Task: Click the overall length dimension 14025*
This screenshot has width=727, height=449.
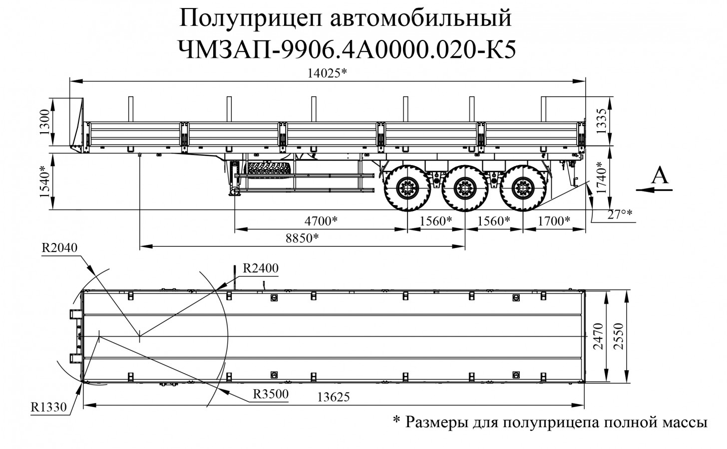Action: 327,73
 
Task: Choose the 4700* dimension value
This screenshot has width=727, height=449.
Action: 321,220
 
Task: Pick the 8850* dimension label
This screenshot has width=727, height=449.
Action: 302,237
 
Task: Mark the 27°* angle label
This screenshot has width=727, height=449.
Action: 619,215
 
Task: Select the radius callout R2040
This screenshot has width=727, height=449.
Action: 60,248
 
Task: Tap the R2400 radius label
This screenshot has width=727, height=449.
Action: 260,268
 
